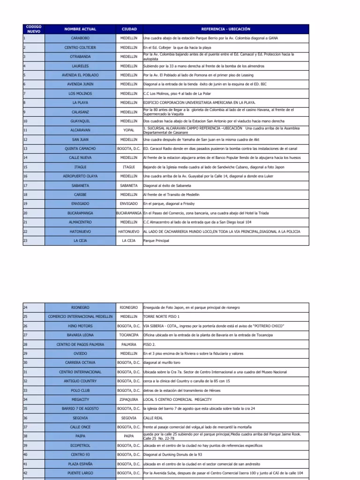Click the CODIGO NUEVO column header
pos(34,29)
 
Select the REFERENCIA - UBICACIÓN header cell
pos(225,29)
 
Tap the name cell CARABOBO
pos(80,38)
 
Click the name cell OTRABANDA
pos(80,57)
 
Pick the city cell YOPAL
pos(129,130)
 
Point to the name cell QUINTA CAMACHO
pos(80,149)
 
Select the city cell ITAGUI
pos(129,167)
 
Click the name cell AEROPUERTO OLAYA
pos(80,176)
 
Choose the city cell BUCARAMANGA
pos(129,213)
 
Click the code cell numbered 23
pos(34,240)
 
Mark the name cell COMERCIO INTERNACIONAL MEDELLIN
pos(80,317)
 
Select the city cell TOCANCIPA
pos(129,335)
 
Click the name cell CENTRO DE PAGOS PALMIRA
pos(80,345)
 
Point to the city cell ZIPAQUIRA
pos(129,399)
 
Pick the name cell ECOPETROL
pos(80,445)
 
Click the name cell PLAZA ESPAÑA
pos(80,464)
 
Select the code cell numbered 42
pos(34,473)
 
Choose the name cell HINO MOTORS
pos(80,326)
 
